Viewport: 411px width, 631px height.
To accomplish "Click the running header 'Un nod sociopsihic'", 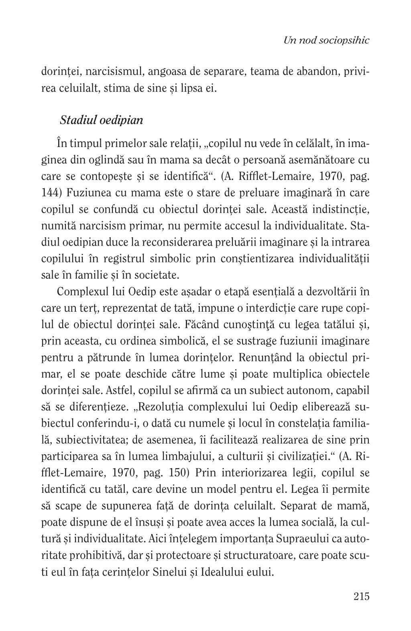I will point(326,40).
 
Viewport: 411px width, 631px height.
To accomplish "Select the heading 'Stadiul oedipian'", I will point(101,120).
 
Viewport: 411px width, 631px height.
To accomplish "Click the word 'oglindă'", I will point(118,160).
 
